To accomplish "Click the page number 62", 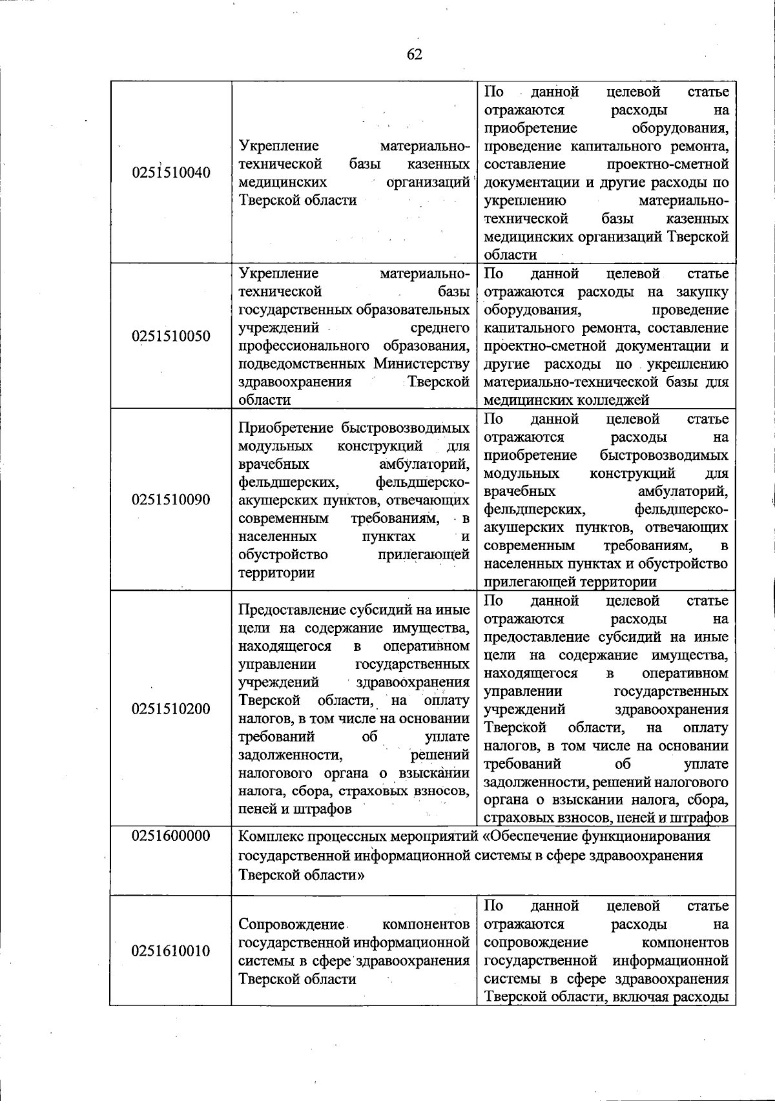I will (414, 54).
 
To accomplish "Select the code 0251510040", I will (171, 173).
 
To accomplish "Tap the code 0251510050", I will (171, 336).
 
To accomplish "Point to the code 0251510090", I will (171, 500).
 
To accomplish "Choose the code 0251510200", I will (171, 709).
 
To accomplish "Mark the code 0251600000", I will (171, 836).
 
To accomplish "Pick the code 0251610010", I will (171, 951).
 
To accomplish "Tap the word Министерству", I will (421, 364).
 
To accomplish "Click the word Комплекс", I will (271, 837).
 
